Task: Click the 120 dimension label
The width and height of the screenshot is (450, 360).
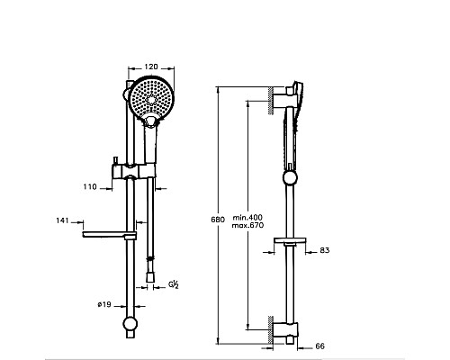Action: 151,67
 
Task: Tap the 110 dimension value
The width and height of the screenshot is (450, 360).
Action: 90,187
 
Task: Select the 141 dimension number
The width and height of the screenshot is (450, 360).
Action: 62,220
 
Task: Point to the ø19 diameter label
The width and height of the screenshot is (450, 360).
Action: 104,304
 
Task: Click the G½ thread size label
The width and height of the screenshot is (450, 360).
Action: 174,283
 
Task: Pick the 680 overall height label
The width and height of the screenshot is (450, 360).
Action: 218,220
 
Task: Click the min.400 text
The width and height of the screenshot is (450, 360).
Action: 247,218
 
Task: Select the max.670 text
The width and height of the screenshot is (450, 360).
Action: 247,225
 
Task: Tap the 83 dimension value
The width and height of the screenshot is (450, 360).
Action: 325,250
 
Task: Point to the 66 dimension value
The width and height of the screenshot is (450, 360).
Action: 320,346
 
